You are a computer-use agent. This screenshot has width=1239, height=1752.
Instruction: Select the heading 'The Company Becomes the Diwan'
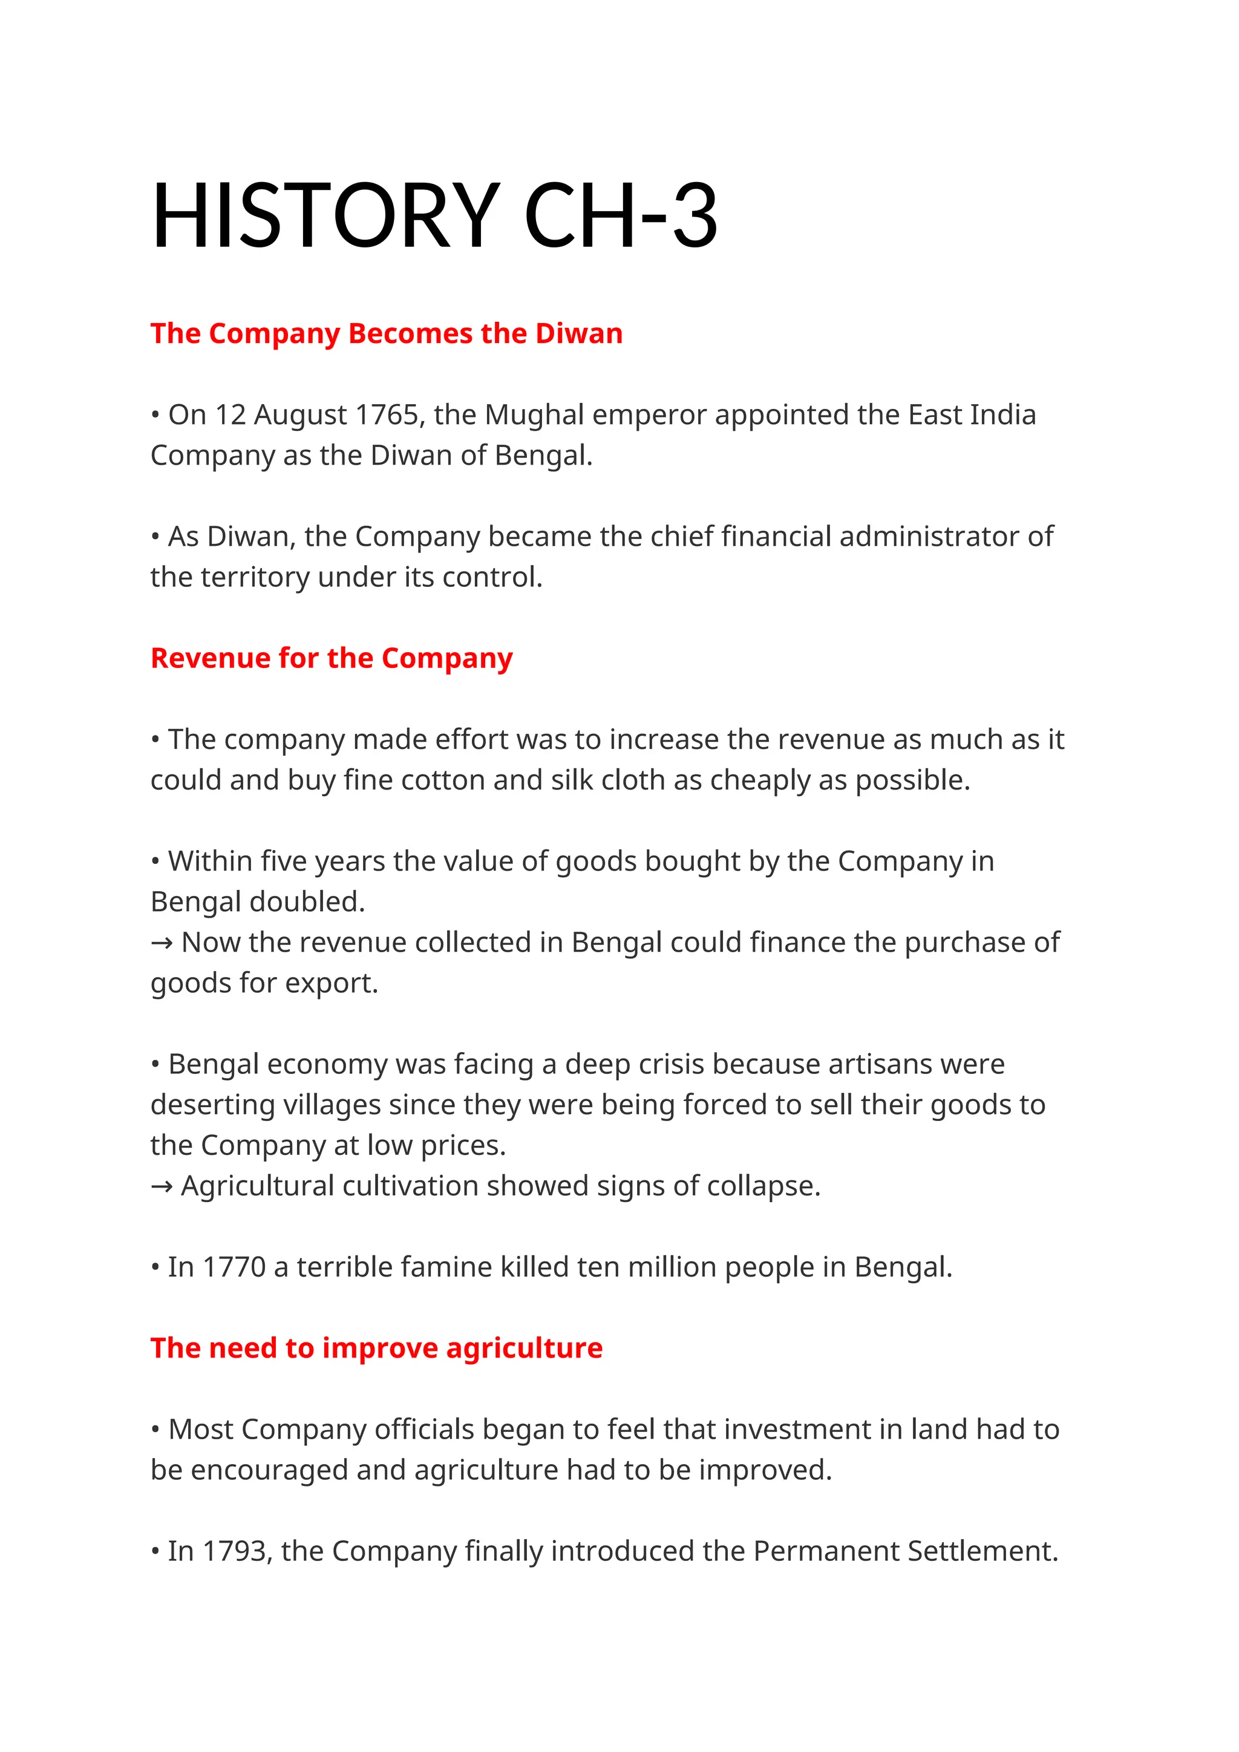click(386, 333)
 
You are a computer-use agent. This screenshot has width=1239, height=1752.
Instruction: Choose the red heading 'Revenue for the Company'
click(331, 658)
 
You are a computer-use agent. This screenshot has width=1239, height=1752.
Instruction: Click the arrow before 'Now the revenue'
click(162, 943)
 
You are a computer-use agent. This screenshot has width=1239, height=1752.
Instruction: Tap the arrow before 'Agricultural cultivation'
click(162, 1186)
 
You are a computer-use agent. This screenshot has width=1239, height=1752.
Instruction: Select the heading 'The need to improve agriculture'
click(376, 1348)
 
